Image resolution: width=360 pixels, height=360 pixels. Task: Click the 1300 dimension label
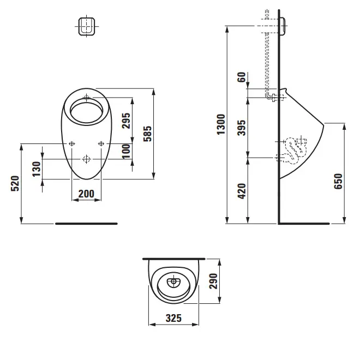[221, 125]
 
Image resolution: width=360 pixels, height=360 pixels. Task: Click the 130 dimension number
[36, 169]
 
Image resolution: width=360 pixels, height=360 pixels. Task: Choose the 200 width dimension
[86, 193]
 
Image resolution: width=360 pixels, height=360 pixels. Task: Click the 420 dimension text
[243, 190]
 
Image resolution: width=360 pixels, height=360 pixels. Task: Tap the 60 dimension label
[243, 77]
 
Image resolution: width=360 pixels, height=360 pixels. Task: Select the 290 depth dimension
[214, 281]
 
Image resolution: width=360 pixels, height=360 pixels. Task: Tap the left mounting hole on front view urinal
[72, 143]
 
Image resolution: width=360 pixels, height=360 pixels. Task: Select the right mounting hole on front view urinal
[101, 143]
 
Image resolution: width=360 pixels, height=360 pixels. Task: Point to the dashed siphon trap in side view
[296, 148]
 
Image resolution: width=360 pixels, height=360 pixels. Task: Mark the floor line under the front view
[86, 224]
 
